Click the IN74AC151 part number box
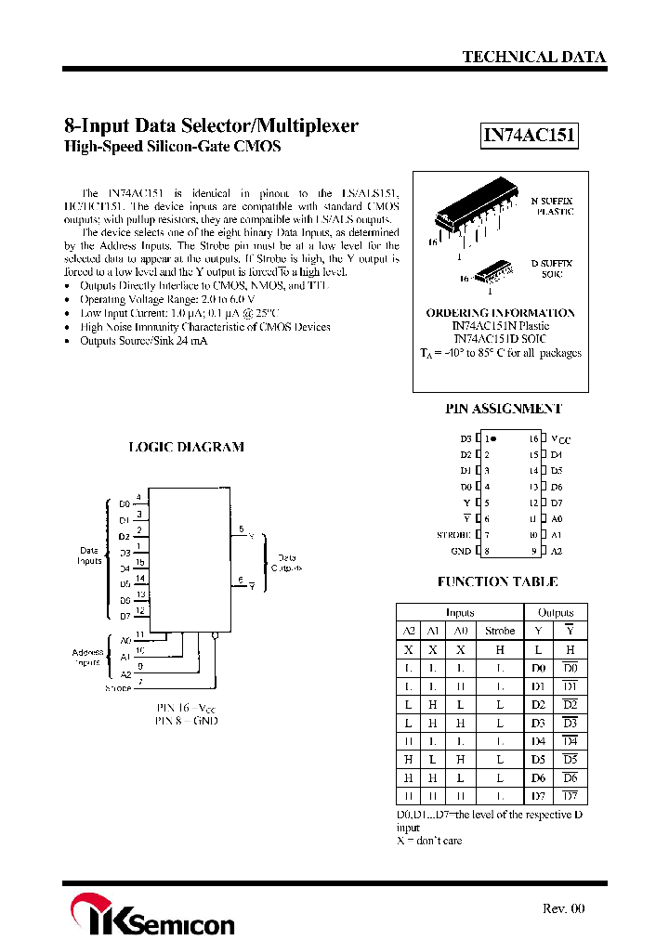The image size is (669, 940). [530, 137]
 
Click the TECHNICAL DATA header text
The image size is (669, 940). [534, 57]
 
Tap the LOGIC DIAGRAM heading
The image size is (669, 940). [186, 447]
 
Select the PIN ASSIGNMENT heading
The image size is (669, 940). [504, 409]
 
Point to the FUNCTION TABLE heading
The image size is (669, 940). [497, 582]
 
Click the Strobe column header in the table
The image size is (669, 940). [499, 631]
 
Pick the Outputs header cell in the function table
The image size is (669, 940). [556, 613]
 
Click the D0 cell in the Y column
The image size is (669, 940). [538, 668]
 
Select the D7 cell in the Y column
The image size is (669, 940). [538, 796]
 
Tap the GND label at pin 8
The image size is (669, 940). [462, 551]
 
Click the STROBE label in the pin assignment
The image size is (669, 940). [454, 535]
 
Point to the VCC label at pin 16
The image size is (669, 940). [560, 439]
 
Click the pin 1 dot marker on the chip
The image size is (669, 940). [493, 438]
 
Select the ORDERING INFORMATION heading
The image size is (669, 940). [500, 313]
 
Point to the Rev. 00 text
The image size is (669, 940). [564, 908]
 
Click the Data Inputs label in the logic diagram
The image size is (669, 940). [89, 556]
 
